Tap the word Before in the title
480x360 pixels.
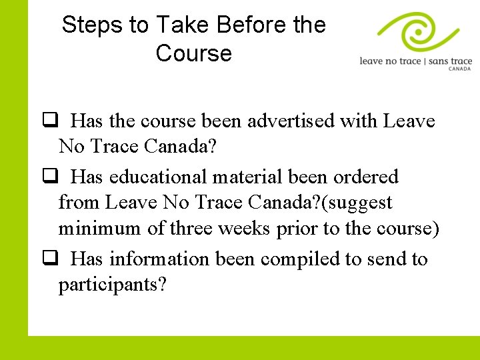(251, 25)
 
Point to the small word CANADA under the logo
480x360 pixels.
(460, 69)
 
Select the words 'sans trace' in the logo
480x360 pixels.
(450, 61)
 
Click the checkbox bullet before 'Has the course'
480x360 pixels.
(49, 121)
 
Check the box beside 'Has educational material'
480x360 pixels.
(49, 176)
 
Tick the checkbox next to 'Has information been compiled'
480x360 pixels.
(49, 258)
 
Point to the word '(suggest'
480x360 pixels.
(357, 203)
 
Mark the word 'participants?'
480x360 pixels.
(113, 285)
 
